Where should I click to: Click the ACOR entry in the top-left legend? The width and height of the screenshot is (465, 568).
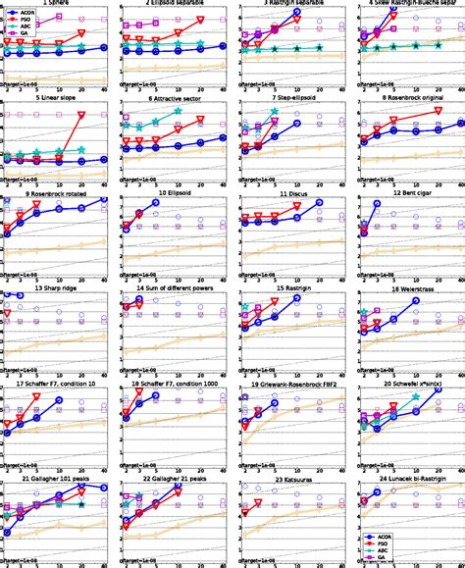point(28,12)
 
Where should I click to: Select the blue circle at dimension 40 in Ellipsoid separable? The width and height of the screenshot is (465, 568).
point(224,45)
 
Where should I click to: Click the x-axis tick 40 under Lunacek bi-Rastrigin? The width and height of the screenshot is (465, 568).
point(459,565)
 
